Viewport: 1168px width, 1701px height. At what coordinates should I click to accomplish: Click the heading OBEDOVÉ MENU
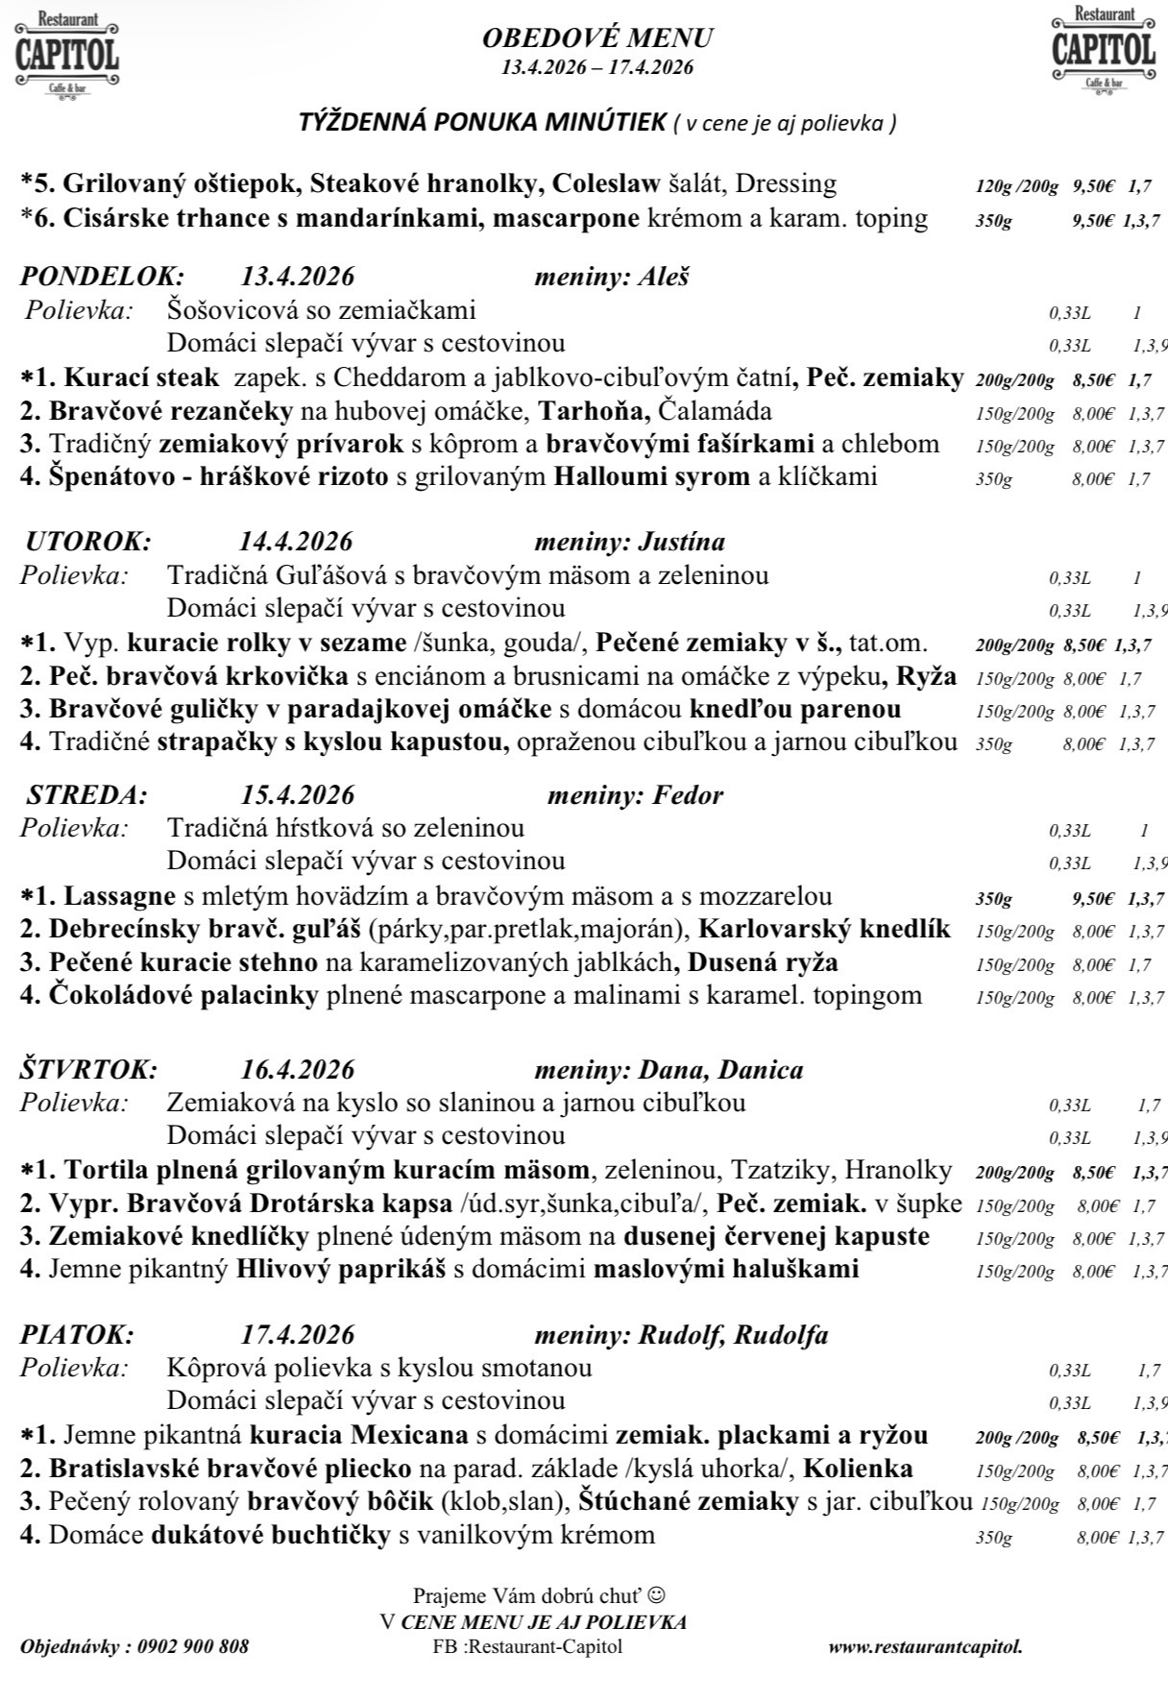tap(597, 38)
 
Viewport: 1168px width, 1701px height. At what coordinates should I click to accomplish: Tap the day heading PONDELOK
tap(102, 277)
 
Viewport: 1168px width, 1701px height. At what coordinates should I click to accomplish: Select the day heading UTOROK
tap(88, 541)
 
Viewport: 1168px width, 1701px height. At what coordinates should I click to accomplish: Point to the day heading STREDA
tap(87, 795)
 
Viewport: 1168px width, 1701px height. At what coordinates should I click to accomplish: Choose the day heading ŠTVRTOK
tap(89, 1069)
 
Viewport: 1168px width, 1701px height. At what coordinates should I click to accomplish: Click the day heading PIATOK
tap(78, 1335)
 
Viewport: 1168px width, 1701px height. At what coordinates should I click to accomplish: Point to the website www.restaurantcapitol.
tap(925, 1646)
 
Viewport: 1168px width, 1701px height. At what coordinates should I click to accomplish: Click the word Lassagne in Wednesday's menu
tap(120, 897)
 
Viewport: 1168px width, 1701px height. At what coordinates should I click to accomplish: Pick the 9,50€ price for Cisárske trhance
tap(1092, 220)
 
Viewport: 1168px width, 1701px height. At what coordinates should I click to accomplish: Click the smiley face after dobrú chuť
tap(656, 1595)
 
